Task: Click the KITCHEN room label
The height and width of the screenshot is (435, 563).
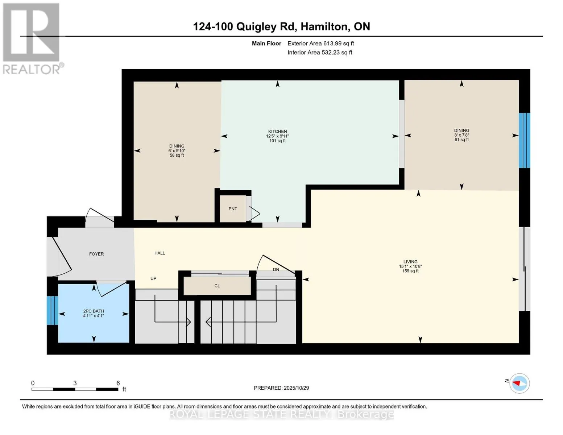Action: click(x=277, y=132)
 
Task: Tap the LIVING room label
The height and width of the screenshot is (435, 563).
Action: click(x=410, y=262)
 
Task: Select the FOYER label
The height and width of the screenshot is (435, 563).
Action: click(x=96, y=254)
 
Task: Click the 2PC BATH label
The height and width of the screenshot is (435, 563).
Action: click(x=94, y=311)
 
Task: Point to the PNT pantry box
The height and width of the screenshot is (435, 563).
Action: click(x=233, y=209)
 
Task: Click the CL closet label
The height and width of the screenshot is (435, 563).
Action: click(x=217, y=286)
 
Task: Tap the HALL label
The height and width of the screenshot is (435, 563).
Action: click(x=160, y=253)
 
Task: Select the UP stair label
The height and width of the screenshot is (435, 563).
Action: click(x=153, y=278)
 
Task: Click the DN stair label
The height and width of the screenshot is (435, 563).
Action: click(x=276, y=269)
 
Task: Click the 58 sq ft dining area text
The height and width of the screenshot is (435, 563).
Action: click(x=177, y=156)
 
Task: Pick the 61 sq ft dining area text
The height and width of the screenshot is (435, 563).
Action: click(x=461, y=140)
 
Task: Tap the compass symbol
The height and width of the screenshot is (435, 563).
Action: click(x=519, y=383)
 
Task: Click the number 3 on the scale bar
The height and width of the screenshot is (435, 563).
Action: click(x=75, y=383)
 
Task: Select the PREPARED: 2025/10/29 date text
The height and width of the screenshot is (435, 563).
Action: click(x=281, y=388)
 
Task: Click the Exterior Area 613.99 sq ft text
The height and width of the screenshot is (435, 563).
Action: click(x=320, y=43)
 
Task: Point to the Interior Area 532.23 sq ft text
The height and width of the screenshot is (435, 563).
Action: click(x=320, y=53)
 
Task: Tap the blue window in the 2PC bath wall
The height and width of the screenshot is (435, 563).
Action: click(x=53, y=310)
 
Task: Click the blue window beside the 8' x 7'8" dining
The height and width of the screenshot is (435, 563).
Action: click(x=524, y=140)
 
